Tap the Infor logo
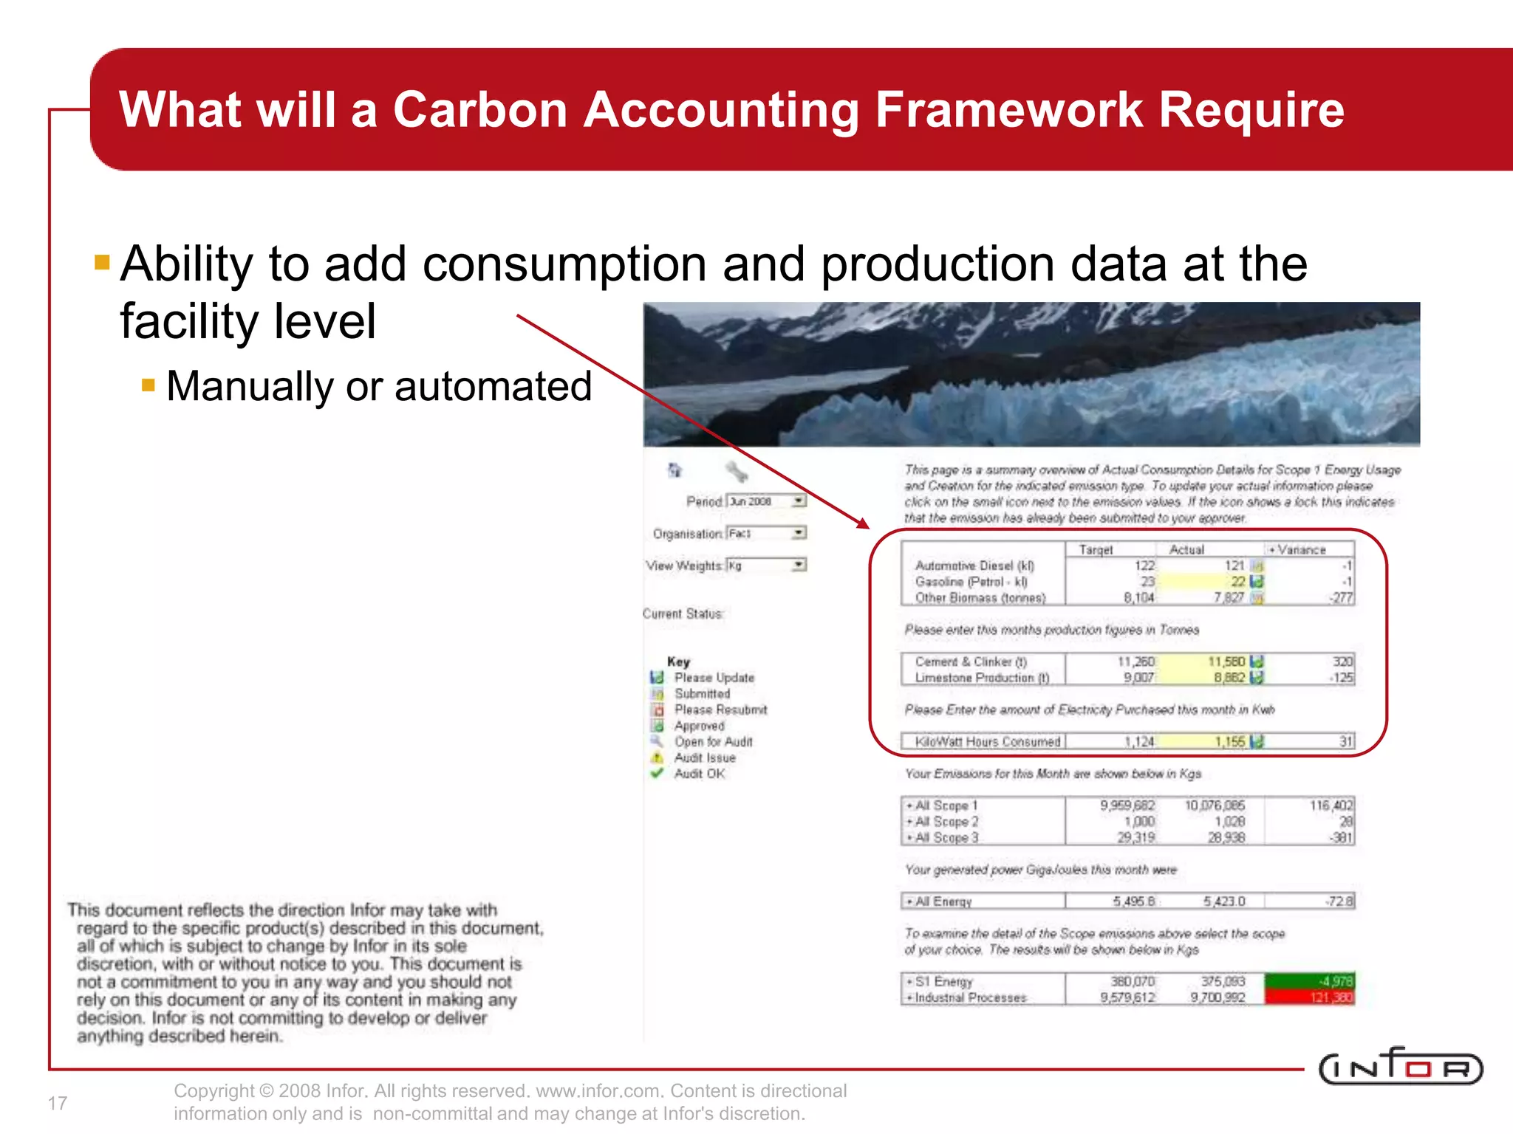1400,1067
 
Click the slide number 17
58,1103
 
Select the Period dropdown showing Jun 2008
766,501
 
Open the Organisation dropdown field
766,533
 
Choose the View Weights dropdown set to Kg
766,566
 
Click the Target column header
1096,549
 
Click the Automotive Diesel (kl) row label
974,566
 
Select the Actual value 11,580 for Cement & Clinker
1226,661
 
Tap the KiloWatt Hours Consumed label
987,741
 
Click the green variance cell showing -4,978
1309,981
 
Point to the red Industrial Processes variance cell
1309,997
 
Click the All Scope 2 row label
946,822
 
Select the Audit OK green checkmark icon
657,773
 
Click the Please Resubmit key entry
720,709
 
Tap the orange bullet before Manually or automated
148,385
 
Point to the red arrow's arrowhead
864,523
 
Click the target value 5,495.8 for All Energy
1133,901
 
